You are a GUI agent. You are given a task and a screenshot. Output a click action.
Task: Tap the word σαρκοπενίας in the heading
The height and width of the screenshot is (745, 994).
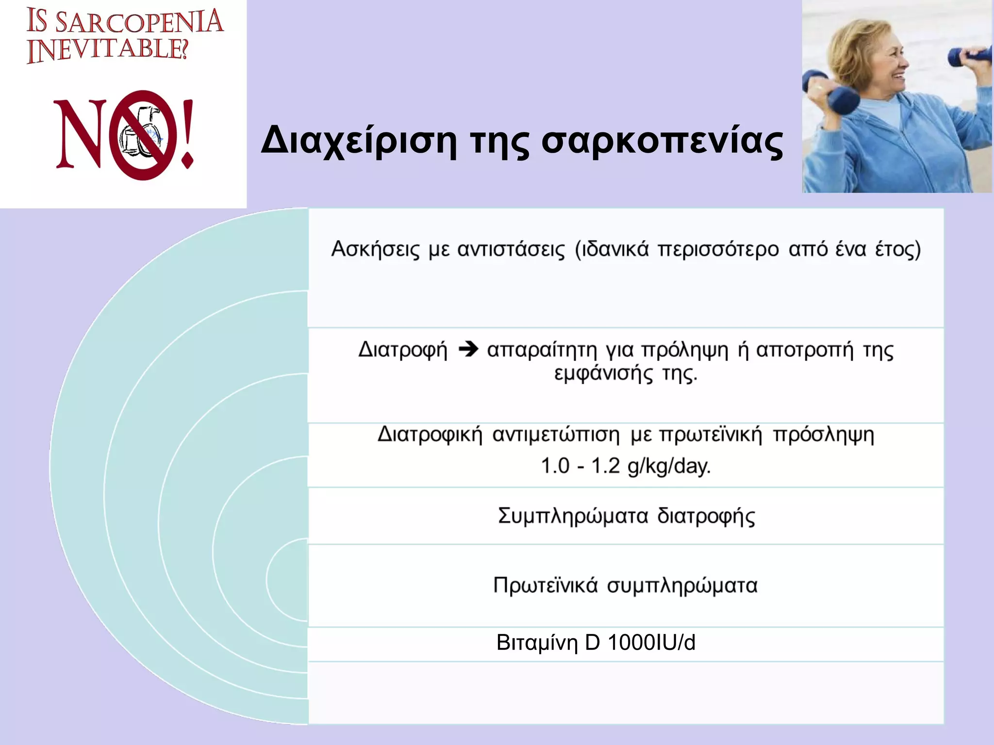point(662,142)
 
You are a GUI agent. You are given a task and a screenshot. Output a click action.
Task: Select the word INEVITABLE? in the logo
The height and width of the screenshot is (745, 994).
point(107,50)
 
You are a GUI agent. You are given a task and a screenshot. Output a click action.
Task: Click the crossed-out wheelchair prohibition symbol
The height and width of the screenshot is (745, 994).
point(142,135)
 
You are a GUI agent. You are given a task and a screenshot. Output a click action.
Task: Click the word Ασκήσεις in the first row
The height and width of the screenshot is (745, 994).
point(375,250)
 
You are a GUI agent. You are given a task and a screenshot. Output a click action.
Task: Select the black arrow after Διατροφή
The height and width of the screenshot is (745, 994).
point(468,349)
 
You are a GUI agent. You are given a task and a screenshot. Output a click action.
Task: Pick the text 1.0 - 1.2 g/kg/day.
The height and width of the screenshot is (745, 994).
point(626,466)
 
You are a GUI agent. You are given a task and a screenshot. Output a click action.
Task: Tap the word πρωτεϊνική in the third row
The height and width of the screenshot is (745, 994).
point(711,435)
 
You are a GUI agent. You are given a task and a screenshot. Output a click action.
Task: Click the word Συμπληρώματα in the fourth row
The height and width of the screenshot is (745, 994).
point(573,516)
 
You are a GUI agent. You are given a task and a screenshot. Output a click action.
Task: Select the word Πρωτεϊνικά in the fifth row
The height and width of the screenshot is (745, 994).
point(545,585)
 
